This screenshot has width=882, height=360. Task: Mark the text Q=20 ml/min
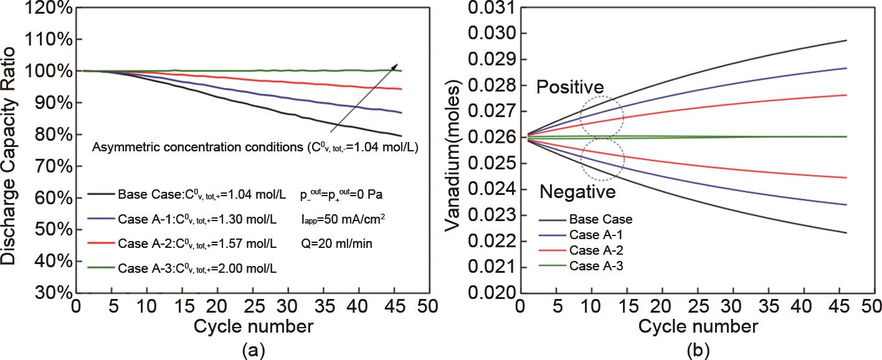click(337, 244)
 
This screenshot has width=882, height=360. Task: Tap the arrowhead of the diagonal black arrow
click(397, 64)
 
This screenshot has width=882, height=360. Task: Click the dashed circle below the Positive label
click(602, 116)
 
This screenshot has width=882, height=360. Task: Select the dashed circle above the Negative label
click(602, 159)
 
